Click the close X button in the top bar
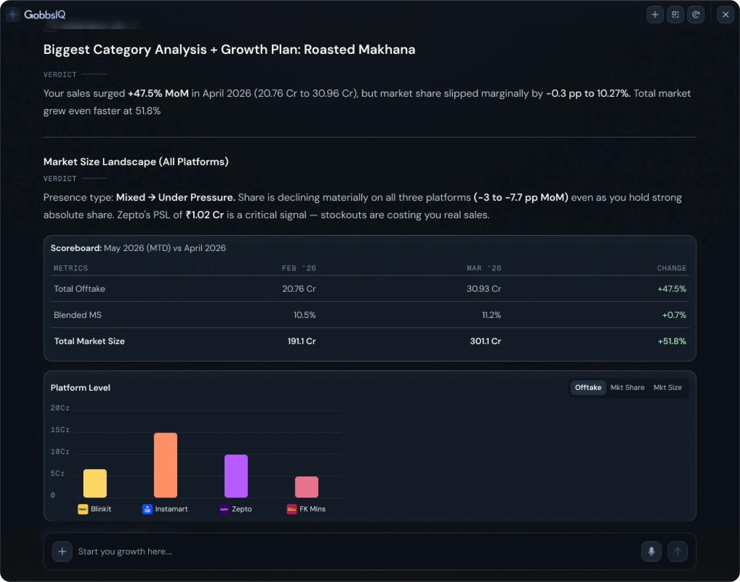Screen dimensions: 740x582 (725, 15)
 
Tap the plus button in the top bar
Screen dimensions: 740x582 (655, 15)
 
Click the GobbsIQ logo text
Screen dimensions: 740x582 (45, 15)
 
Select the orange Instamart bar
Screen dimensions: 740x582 (165, 465)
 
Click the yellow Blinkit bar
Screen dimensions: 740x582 (95, 483)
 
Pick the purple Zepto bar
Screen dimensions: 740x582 (236, 476)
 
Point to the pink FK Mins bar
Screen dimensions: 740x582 (307, 487)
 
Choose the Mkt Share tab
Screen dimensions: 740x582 (628, 387)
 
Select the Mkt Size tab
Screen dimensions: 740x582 (667, 387)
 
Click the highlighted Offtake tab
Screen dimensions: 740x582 (588, 387)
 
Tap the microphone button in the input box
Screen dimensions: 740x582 (651, 551)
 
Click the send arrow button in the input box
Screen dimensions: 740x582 (677, 551)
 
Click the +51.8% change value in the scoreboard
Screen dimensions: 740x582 (672, 341)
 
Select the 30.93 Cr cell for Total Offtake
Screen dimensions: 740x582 (484, 289)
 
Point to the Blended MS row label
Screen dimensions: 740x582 (78, 315)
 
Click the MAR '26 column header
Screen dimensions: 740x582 (484, 268)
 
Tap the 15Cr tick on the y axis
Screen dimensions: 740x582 (60, 430)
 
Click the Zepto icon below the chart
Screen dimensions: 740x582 (224, 509)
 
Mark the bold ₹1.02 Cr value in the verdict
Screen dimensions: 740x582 (205, 215)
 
